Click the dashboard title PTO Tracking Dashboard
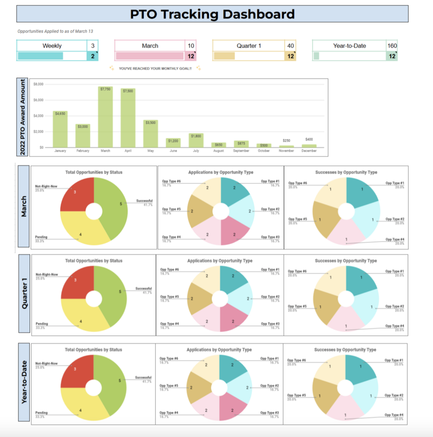click(x=212, y=14)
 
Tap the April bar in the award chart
click(x=128, y=118)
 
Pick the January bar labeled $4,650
click(x=60, y=129)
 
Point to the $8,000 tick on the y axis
click(x=38, y=84)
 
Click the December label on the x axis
click(x=309, y=151)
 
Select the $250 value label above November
click(x=286, y=140)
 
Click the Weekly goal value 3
click(x=93, y=46)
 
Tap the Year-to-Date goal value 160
click(x=392, y=46)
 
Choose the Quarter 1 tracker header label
click(x=249, y=46)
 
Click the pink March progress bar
click(x=150, y=56)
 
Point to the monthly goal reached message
click(x=155, y=69)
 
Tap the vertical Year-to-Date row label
click(x=24, y=382)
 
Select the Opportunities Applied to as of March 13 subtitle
click(x=55, y=31)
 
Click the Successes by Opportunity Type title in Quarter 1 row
click(x=346, y=261)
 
